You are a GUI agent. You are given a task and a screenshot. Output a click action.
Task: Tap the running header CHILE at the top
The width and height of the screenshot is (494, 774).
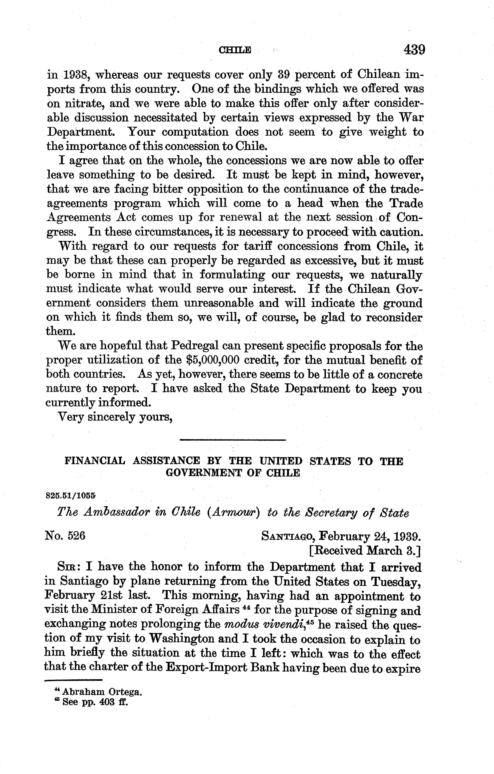pos(235,51)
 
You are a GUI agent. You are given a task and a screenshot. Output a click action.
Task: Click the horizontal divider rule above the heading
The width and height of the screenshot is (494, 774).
pos(232,439)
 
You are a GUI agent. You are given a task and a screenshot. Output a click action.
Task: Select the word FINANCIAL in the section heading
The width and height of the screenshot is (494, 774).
pos(95,462)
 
